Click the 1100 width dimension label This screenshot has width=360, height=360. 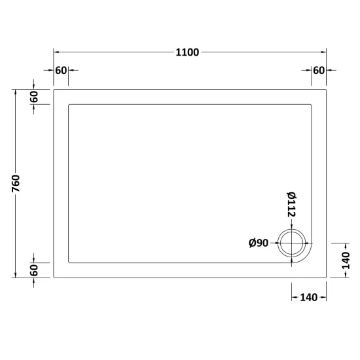pos(187,52)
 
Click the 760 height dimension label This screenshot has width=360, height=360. pos(16,183)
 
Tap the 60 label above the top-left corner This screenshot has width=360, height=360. pos(61,71)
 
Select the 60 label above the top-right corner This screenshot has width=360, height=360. pos(319,71)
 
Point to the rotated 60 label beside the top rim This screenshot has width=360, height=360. pos(34,97)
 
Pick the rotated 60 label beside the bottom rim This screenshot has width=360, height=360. pos(34,270)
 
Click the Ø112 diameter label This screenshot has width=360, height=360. pos(291,204)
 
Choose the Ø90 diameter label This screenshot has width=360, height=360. pos(259,243)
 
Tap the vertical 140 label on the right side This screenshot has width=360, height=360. pos(346,261)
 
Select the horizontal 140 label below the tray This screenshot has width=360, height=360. pos(309,298)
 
